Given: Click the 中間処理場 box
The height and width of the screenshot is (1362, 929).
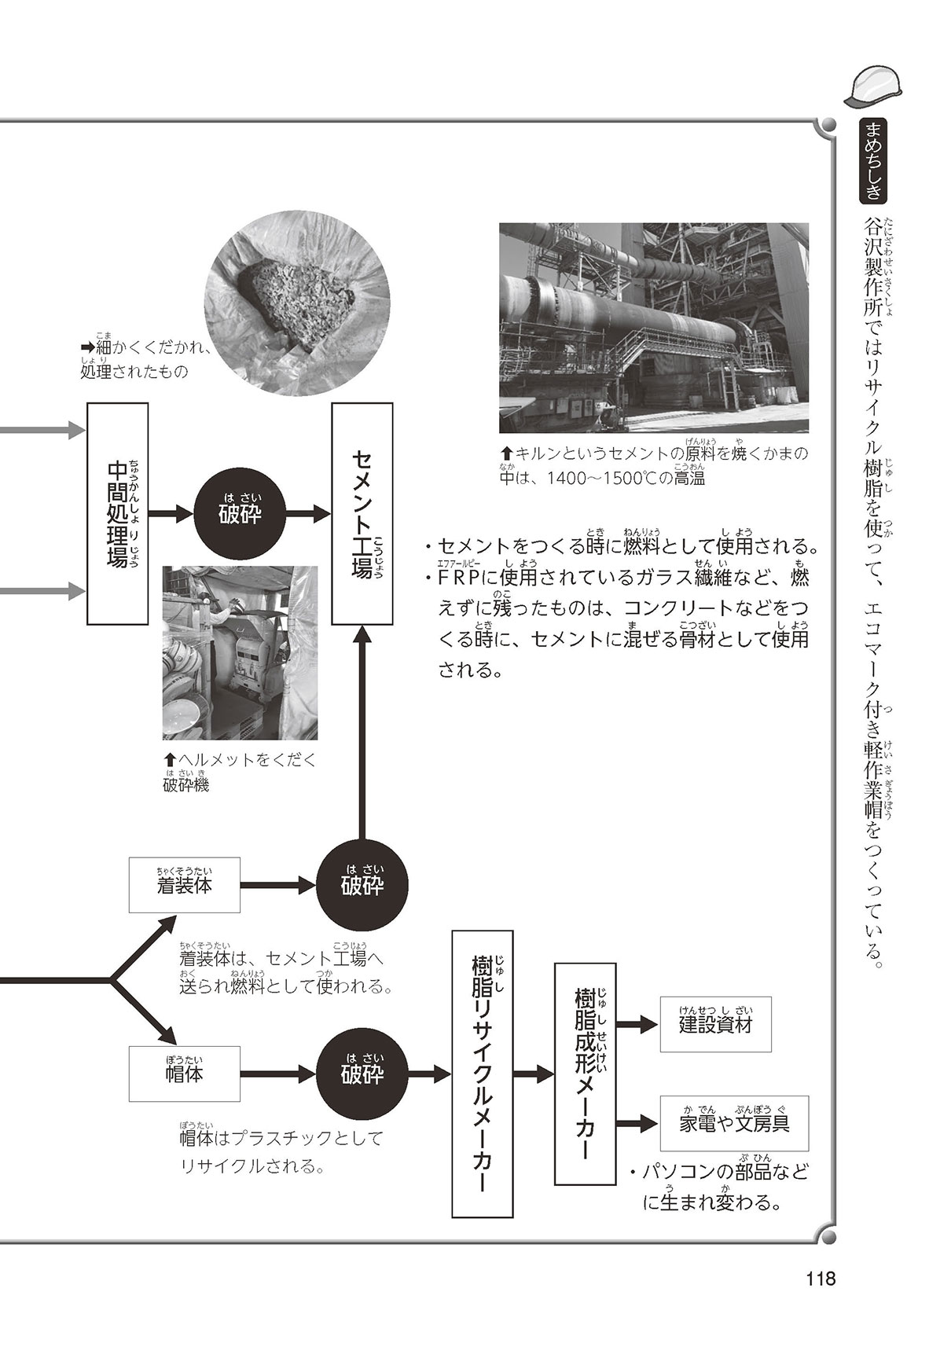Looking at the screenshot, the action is [x=118, y=513].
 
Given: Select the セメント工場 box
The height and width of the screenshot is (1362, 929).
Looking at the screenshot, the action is [x=362, y=513].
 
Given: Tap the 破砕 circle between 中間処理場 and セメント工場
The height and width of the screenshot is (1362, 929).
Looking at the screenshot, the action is [x=240, y=514].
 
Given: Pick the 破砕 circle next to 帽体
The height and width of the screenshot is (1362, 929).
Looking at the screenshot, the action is [x=362, y=1073].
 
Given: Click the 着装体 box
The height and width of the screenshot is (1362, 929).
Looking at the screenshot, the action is [x=185, y=884].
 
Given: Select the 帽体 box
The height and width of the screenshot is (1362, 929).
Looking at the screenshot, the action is [x=185, y=1073].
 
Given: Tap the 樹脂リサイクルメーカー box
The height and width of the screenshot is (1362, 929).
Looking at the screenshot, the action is [x=483, y=1073].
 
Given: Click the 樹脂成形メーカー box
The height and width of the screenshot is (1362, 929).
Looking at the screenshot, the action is [x=586, y=1074].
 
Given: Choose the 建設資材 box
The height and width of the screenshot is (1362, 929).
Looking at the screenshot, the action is [x=716, y=1024].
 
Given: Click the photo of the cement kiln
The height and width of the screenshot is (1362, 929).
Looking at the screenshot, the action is [x=654, y=328].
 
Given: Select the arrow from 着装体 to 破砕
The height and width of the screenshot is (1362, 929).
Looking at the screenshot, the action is [x=278, y=885].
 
